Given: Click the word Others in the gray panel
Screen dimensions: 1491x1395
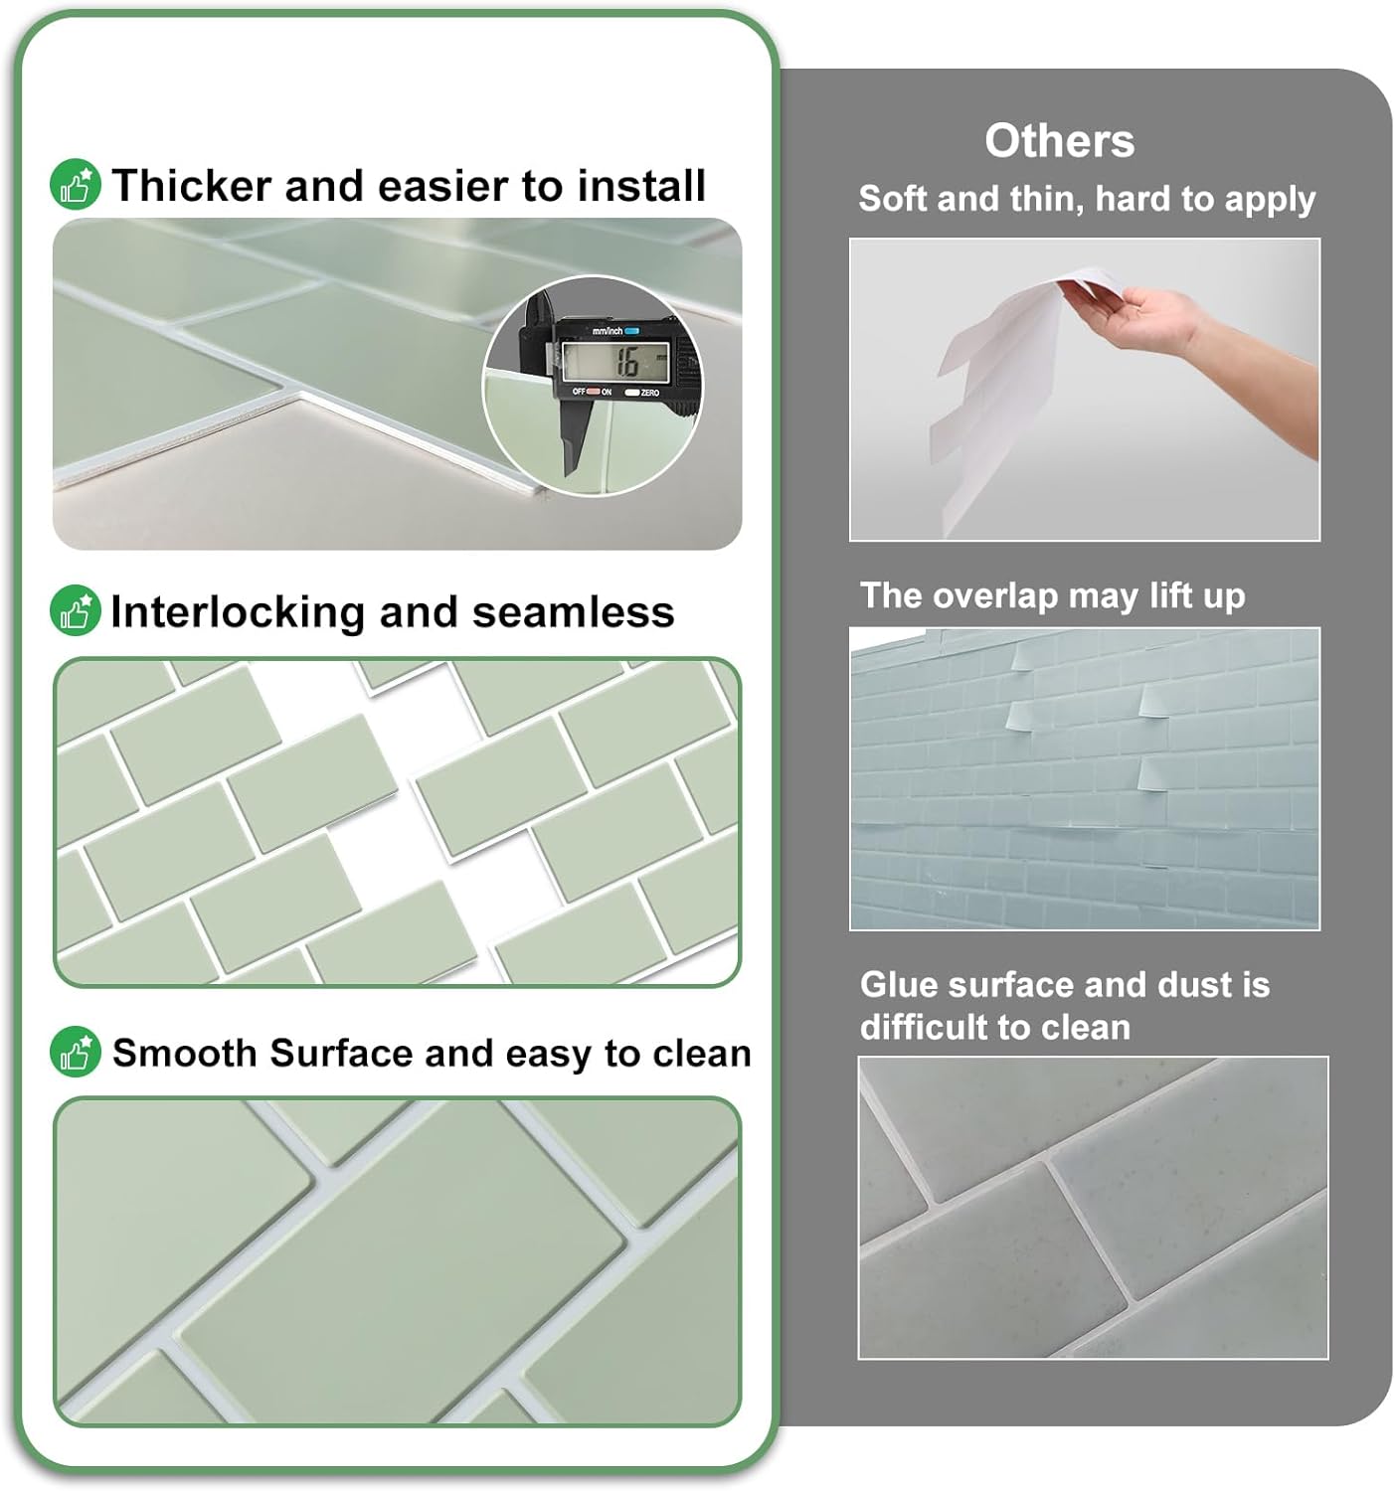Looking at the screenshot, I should tap(1059, 141).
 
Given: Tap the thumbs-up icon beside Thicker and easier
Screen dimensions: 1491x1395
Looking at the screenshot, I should tap(76, 185).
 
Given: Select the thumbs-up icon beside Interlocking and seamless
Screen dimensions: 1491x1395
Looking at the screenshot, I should tap(76, 611).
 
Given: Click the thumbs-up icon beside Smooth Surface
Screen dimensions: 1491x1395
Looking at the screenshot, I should tap(76, 1052).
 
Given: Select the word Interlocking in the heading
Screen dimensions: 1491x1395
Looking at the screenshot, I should tap(238, 612).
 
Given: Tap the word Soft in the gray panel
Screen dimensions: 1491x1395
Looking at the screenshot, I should tap(893, 199).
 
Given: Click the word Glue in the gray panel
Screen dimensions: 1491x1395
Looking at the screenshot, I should tap(899, 984).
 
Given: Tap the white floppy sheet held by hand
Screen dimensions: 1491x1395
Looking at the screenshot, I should tap(994, 378).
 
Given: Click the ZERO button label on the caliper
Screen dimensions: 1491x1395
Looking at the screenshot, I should tap(649, 394).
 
